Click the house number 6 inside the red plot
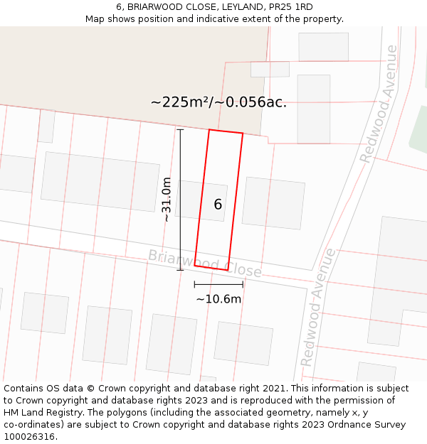point(218,205)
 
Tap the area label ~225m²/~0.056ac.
point(218,102)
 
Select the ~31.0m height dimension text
point(167,200)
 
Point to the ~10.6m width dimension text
point(218,299)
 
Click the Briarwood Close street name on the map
point(204,264)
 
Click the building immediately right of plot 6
point(273,203)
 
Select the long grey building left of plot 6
point(100,181)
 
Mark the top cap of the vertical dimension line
point(180,130)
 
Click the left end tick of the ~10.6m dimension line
point(194,284)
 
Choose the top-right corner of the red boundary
point(243,134)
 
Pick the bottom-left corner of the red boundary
point(195,266)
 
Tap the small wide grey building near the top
point(270,69)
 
